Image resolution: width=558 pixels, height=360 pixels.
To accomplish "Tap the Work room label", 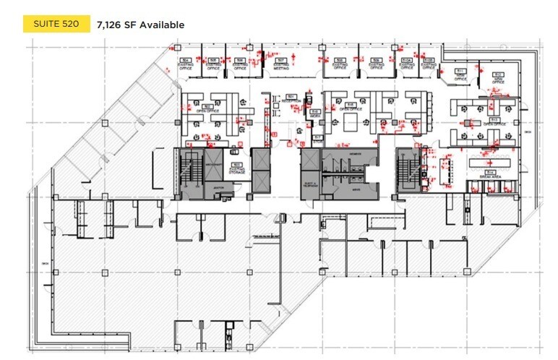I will [x=315, y=113].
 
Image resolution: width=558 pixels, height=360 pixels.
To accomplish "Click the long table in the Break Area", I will [x=492, y=163].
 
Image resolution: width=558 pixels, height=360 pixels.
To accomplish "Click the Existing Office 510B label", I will [x=428, y=63].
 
